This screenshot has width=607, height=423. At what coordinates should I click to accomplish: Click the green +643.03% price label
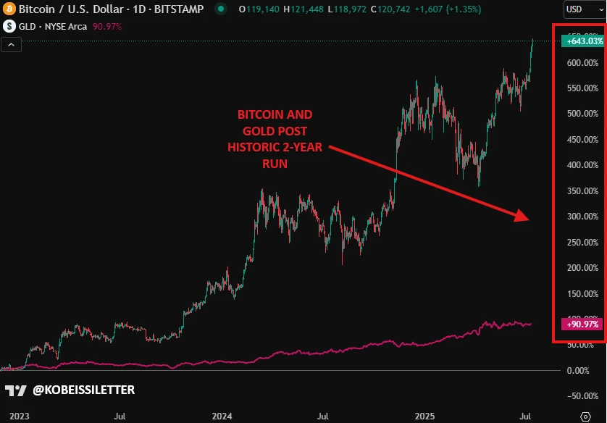(584, 41)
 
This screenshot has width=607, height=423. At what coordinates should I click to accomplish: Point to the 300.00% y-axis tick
(582, 217)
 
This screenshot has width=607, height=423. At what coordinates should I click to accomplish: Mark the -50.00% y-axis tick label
(582, 396)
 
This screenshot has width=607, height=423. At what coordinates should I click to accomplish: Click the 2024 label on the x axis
(222, 416)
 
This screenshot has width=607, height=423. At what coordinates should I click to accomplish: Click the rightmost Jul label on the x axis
(527, 416)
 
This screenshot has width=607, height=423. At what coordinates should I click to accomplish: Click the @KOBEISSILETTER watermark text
(83, 390)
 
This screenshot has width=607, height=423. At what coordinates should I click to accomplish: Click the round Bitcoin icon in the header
(9, 9)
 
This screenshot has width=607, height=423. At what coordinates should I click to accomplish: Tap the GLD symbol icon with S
(9, 26)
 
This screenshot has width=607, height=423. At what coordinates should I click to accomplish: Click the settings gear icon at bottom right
(585, 416)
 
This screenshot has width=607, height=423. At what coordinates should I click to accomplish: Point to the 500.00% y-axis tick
(582, 114)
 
